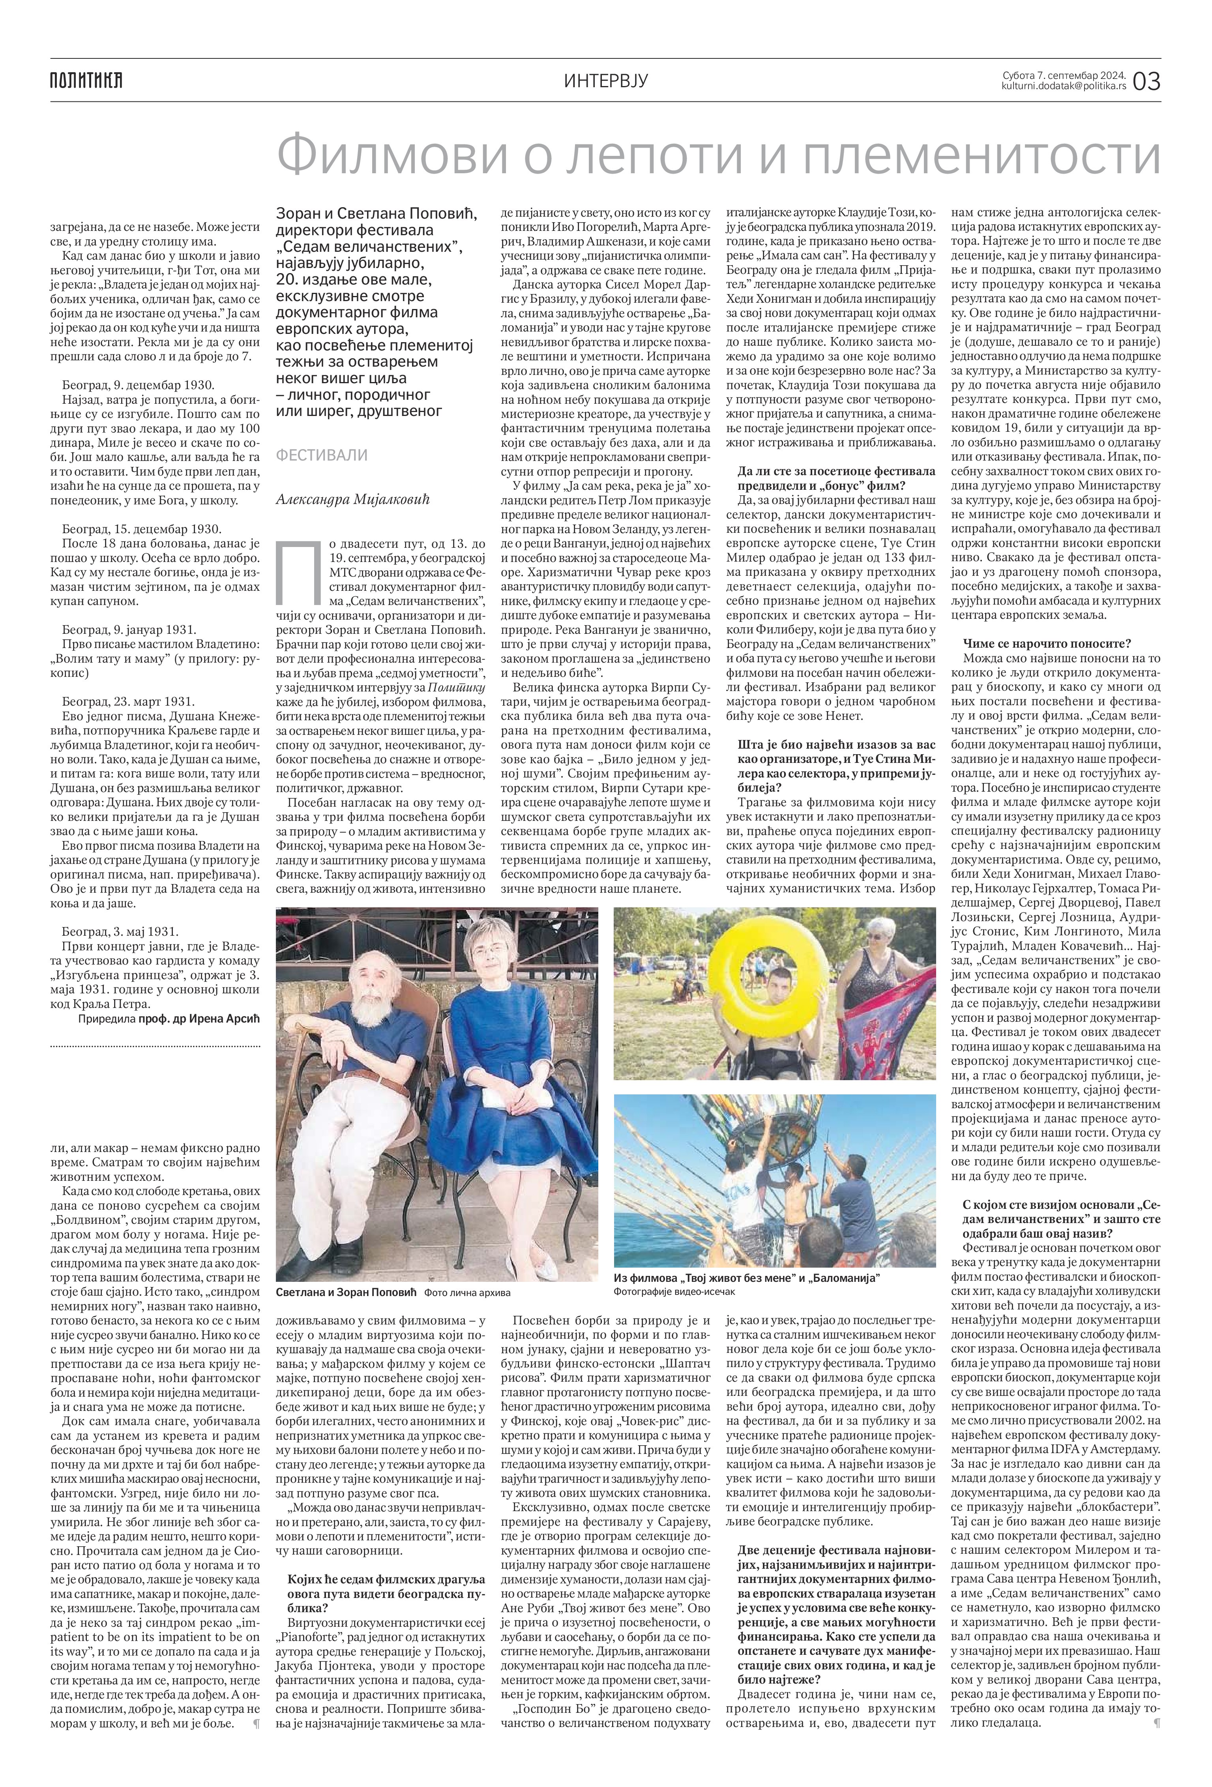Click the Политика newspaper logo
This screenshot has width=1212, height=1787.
coord(86,80)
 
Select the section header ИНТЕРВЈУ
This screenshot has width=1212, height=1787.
coord(606,80)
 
